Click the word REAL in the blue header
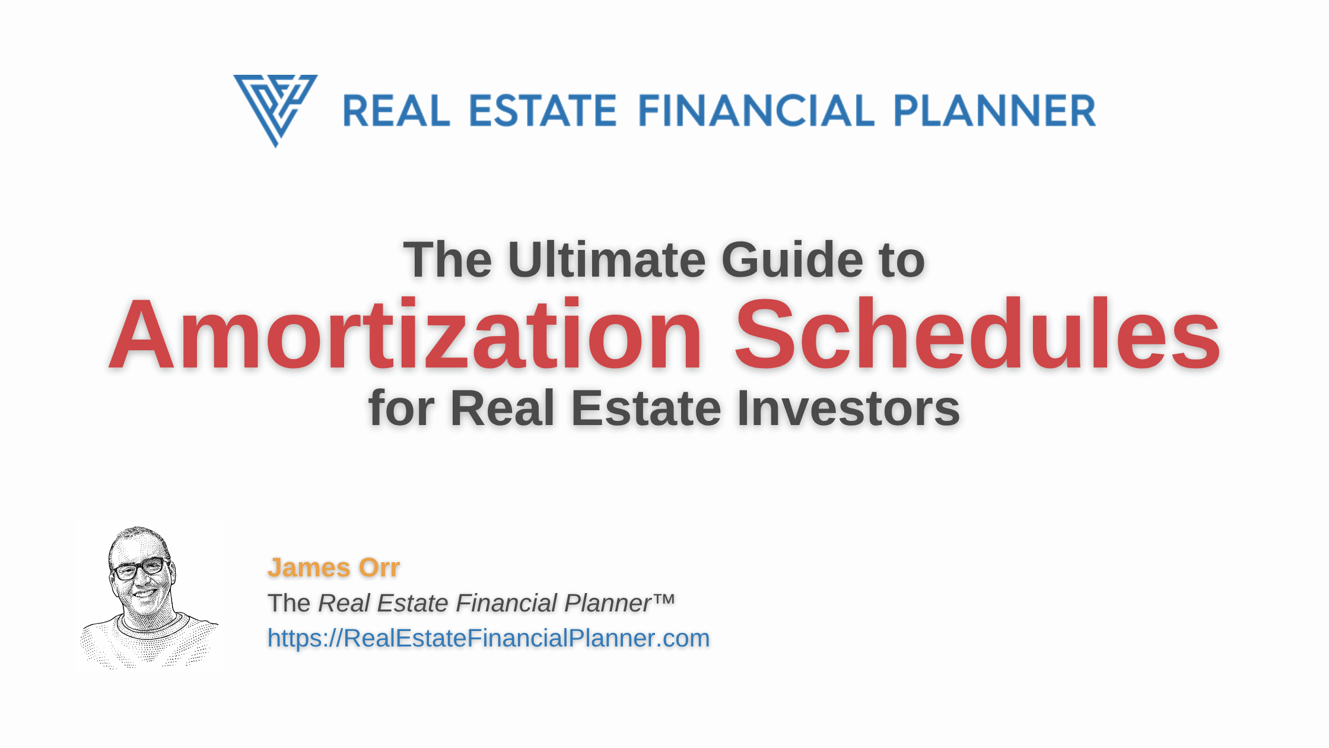[x=396, y=111]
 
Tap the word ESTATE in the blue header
[x=543, y=111]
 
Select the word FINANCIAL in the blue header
[x=756, y=111]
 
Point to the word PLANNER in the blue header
[x=995, y=111]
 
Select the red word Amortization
[x=406, y=335]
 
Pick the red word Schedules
[x=977, y=334]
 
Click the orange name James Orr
[x=333, y=568]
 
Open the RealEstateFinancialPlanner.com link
[x=488, y=639]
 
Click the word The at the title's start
[x=448, y=259]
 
